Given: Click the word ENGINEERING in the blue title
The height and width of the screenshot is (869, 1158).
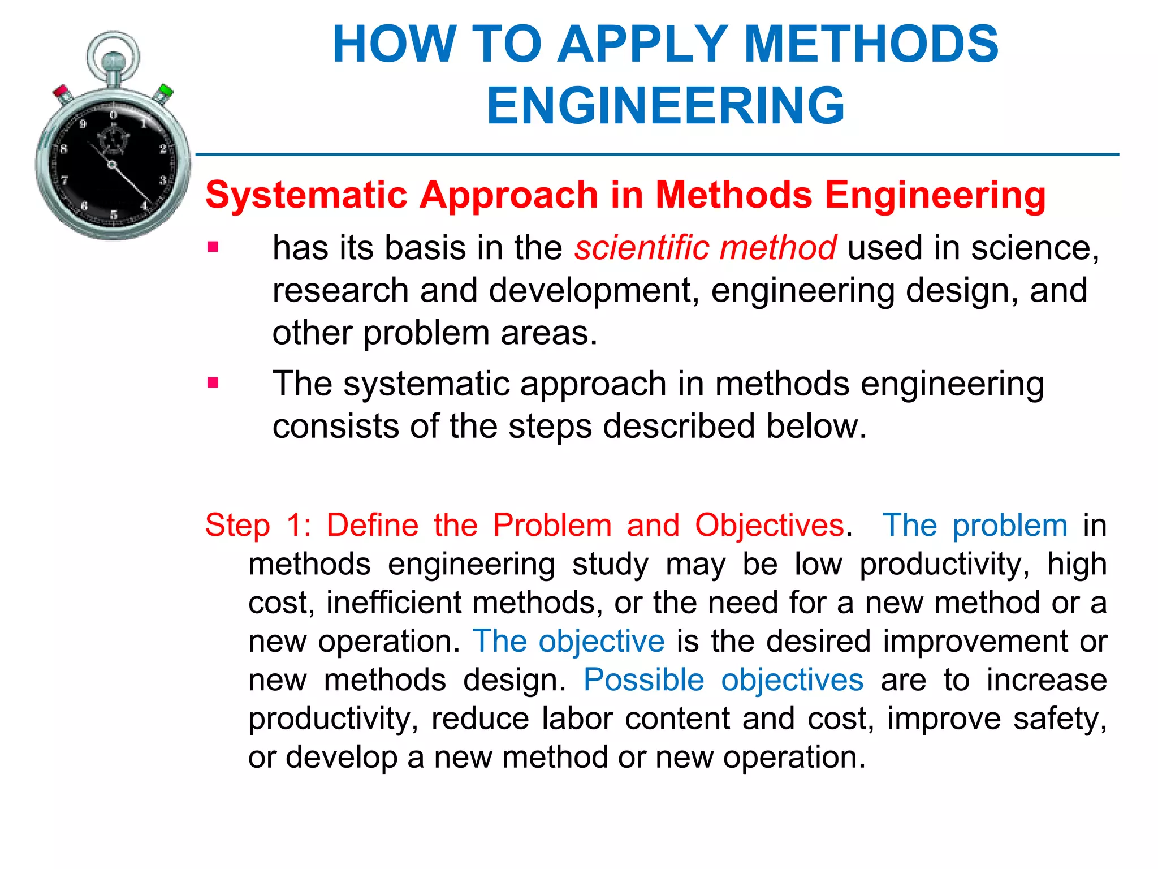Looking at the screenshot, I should (x=666, y=106).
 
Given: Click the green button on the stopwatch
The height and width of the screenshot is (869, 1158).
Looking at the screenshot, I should (x=166, y=91).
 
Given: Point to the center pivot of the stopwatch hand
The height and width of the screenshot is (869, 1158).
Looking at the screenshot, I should (x=112, y=165).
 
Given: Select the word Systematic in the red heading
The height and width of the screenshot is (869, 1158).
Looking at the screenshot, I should (x=306, y=195).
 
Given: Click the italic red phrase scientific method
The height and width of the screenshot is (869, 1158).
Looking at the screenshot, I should (x=705, y=248).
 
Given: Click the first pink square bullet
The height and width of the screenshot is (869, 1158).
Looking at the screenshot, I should (x=213, y=247).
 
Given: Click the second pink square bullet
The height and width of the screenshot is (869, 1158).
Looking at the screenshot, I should (x=213, y=384).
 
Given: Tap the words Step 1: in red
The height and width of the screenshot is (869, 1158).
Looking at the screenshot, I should (x=257, y=525).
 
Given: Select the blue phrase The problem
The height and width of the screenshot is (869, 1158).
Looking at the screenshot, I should (x=975, y=525).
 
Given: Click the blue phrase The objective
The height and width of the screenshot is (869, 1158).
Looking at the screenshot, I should (x=568, y=641).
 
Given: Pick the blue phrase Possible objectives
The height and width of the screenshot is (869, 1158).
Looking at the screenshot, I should (x=723, y=679).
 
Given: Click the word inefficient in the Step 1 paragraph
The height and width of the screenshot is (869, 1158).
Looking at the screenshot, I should (x=394, y=603).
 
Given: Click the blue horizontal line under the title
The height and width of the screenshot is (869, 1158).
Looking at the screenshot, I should (x=656, y=154).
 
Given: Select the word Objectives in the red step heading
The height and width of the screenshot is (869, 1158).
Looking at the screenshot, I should (x=770, y=525).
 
